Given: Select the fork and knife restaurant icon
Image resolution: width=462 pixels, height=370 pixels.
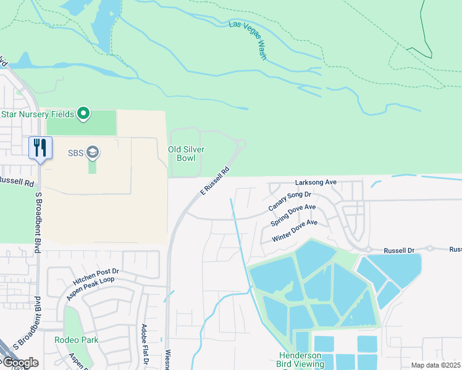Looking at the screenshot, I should [40, 148].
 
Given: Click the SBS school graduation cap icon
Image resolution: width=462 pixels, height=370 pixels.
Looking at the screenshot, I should [92, 152].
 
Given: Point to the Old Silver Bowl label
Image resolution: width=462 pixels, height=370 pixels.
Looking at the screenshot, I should [186, 154].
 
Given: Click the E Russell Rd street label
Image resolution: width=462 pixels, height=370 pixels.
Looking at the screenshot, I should [215, 181].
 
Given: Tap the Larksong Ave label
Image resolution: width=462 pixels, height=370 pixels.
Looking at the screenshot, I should [315, 183].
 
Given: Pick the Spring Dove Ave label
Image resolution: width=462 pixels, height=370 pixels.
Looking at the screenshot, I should [293, 215].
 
